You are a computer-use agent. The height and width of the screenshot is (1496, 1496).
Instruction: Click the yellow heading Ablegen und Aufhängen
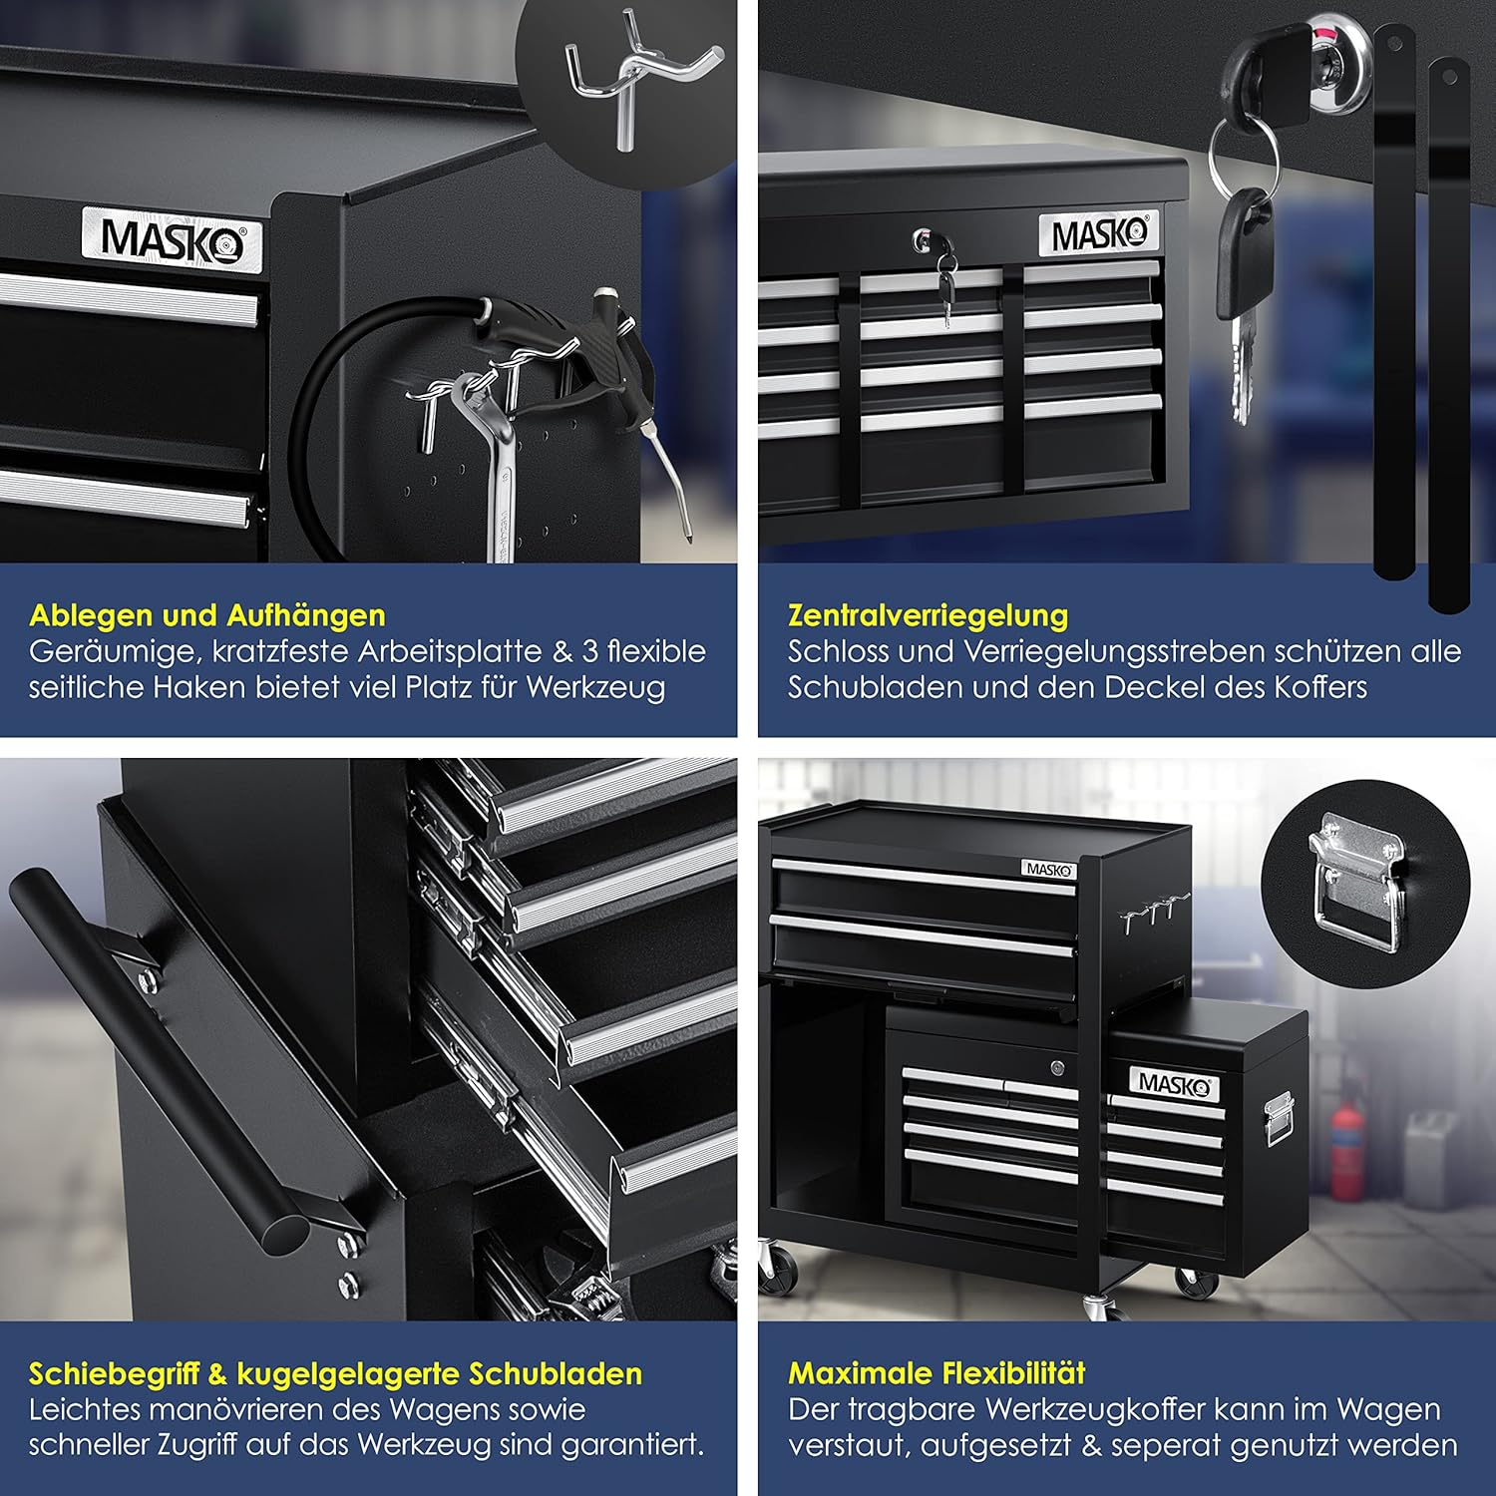207,615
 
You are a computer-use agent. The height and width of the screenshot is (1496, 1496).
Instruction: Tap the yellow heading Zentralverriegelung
928,615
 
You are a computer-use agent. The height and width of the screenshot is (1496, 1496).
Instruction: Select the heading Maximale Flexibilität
936,1373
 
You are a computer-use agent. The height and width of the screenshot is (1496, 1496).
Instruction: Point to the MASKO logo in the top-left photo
173,240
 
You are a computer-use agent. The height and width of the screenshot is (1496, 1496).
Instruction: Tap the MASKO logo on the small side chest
1174,1084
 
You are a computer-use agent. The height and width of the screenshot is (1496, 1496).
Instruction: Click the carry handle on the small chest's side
1279,1119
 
